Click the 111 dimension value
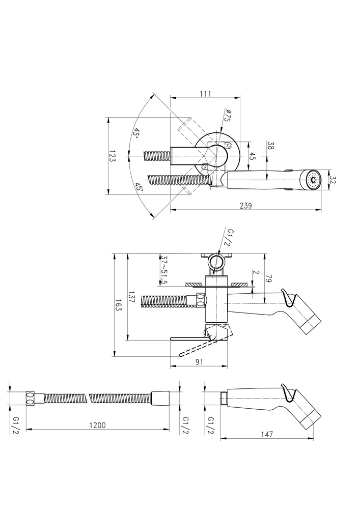click(x=205, y=94)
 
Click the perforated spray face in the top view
click(x=312, y=180)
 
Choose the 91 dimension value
click(x=200, y=362)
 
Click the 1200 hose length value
click(x=97, y=425)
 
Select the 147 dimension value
click(x=266, y=434)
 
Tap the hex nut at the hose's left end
click(x=31, y=399)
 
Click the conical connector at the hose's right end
click(x=160, y=398)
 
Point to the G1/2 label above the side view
click(x=230, y=237)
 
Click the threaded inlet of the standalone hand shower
click(x=224, y=399)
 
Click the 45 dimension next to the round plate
click(x=252, y=157)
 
